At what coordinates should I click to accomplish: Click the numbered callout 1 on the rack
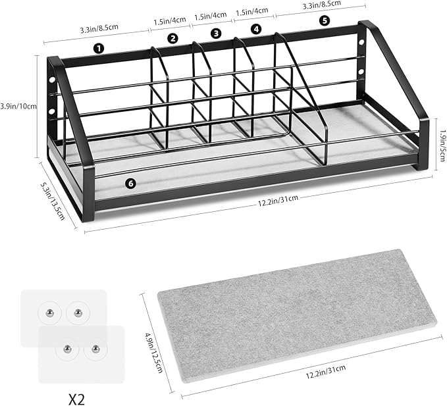click(x=99, y=49)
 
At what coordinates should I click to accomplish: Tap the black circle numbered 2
click(x=172, y=38)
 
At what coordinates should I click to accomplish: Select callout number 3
click(x=216, y=34)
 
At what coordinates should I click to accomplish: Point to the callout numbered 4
click(x=256, y=29)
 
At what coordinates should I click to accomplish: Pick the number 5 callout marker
click(x=325, y=20)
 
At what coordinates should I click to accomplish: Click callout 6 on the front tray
click(x=130, y=184)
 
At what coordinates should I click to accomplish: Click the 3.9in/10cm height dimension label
click(x=18, y=107)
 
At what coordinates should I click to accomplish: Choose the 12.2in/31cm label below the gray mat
click(x=326, y=371)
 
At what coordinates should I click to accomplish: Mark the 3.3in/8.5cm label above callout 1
click(x=99, y=29)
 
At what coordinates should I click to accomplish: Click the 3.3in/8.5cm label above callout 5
click(x=321, y=5)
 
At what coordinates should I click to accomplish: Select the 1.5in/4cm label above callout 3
click(x=211, y=16)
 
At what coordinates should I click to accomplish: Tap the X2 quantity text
click(x=76, y=399)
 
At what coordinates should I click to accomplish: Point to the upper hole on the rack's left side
click(x=52, y=80)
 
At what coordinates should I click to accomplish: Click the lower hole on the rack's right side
click(x=361, y=71)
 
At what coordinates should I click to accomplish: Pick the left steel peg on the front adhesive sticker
click(x=67, y=348)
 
